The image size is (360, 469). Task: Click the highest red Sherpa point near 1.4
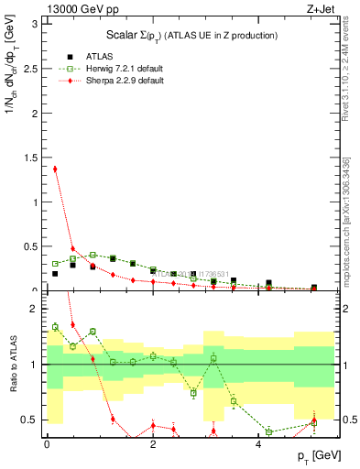click(55, 169)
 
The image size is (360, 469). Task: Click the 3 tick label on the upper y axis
click(34, 23)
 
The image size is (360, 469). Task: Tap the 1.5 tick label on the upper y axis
click(29, 157)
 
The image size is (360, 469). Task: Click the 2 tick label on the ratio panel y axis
click(34, 309)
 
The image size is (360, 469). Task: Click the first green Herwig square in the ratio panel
click(55, 326)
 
